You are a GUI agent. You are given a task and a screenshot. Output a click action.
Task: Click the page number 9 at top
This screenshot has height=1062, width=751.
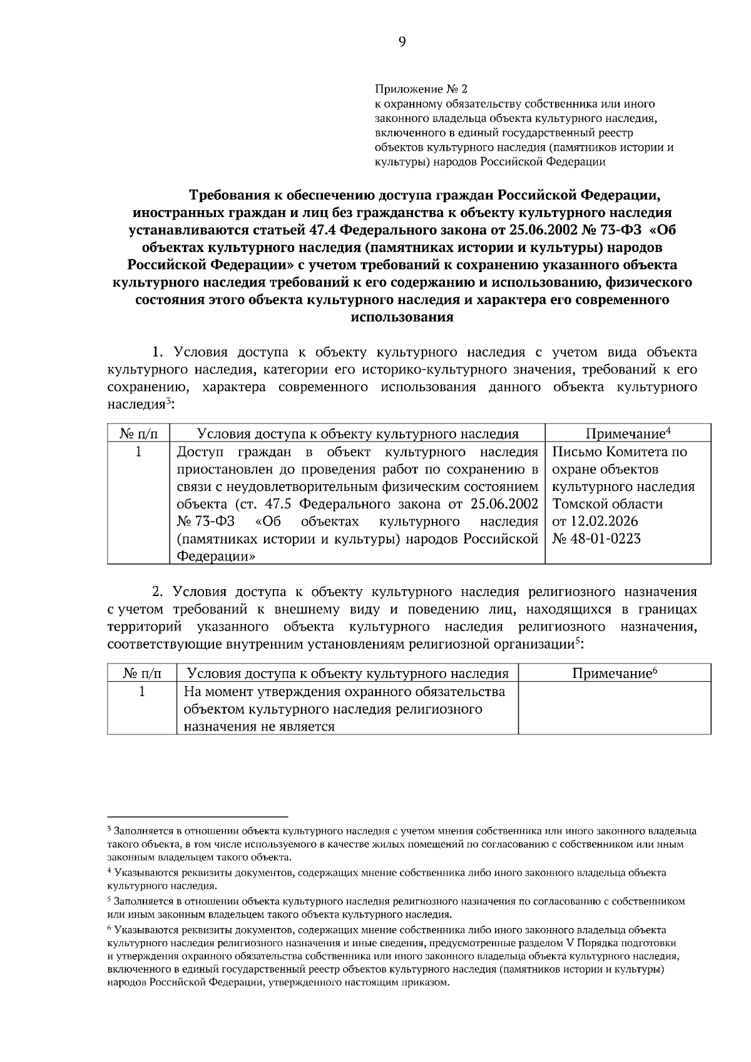(x=401, y=42)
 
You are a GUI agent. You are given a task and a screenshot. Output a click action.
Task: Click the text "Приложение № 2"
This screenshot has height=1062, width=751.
(x=421, y=89)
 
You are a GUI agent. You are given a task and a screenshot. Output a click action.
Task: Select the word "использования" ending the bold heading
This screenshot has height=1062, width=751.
(x=402, y=317)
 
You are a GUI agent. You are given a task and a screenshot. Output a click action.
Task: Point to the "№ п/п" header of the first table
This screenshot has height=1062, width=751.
(x=138, y=433)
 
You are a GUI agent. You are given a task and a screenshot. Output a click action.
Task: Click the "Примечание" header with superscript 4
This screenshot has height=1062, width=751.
(x=628, y=433)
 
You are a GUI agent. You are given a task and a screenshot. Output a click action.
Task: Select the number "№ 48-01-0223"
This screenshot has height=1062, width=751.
(x=596, y=539)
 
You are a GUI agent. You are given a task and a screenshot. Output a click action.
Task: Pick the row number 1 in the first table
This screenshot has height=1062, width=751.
(x=138, y=452)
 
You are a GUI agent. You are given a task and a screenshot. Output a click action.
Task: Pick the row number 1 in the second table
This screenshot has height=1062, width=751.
(x=142, y=691)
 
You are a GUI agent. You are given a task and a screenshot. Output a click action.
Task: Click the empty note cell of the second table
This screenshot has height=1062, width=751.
(x=614, y=708)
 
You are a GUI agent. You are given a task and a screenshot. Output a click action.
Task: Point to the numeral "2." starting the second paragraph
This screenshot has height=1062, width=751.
(x=159, y=591)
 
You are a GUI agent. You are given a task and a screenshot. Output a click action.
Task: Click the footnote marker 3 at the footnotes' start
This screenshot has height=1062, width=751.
(x=110, y=829)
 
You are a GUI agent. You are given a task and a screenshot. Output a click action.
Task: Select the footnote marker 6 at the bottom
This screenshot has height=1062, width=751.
(x=110, y=929)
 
